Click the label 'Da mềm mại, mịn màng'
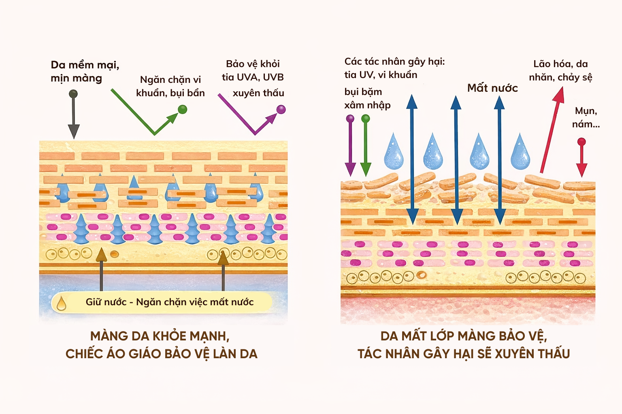click(85, 72)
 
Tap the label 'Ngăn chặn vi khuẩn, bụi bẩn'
click(170, 86)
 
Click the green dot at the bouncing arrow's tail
click(183, 109)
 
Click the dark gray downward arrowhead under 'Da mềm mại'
click(73, 131)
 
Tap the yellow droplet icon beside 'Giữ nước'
click(62, 303)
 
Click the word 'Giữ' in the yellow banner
click(94, 302)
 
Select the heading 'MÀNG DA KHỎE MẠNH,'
click(160, 336)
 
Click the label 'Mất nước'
click(492, 88)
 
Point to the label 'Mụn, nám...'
click(586, 117)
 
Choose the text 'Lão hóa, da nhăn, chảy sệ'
click(560, 70)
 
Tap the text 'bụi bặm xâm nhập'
click(367, 99)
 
